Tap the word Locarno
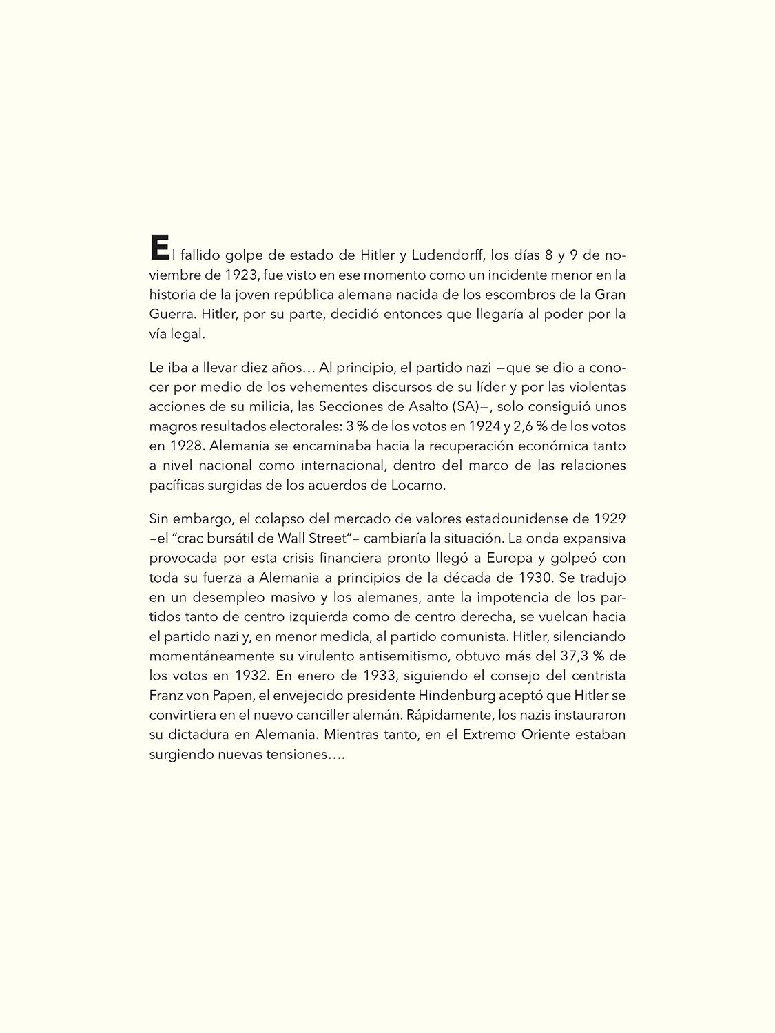(421, 486)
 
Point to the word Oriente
(544, 735)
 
